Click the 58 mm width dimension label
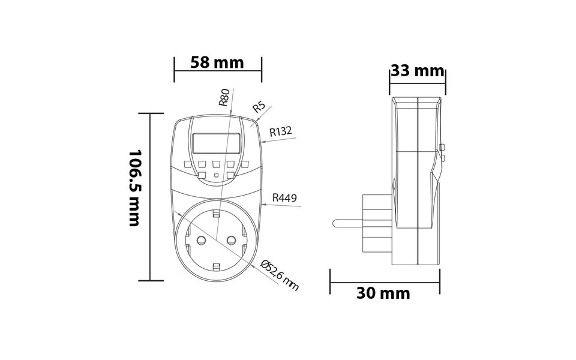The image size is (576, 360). (217, 62)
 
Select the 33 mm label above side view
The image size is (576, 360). (417, 71)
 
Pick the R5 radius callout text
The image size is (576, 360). (259, 107)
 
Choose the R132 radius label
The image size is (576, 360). (281, 131)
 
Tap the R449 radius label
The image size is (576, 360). (284, 197)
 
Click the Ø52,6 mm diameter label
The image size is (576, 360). (281, 275)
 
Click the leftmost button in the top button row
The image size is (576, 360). (187, 164)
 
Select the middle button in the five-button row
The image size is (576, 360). (216, 164)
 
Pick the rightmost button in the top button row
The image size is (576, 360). (245, 164)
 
